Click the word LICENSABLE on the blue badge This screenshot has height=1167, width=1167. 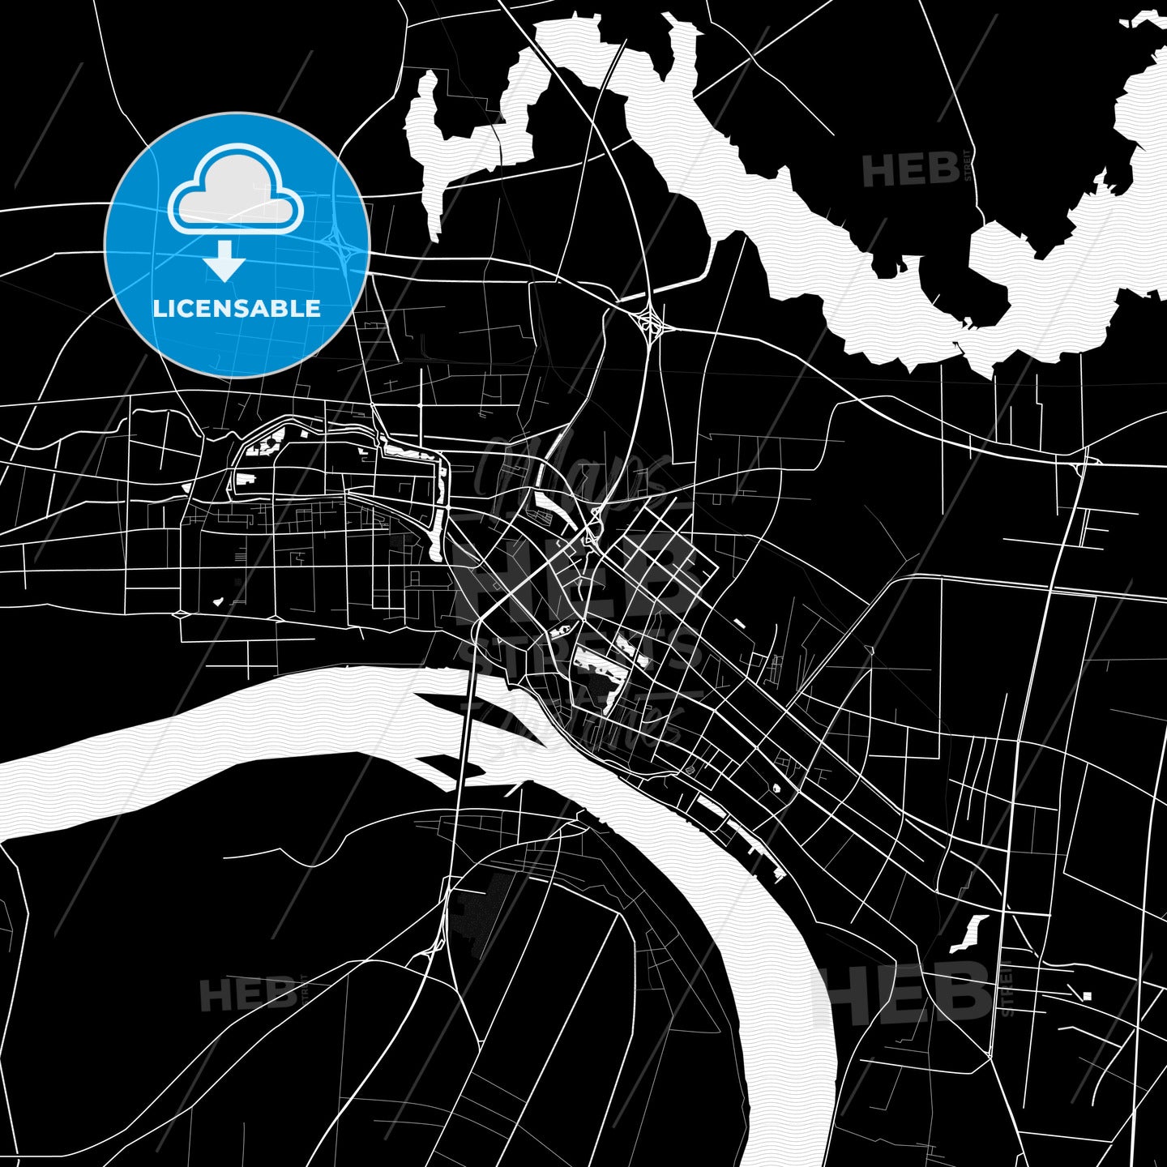(237, 309)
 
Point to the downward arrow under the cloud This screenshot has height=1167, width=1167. (224, 261)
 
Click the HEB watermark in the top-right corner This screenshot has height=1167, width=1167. (911, 171)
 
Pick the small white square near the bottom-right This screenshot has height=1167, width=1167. (1087, 996)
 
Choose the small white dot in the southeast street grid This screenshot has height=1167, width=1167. (776, 788)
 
